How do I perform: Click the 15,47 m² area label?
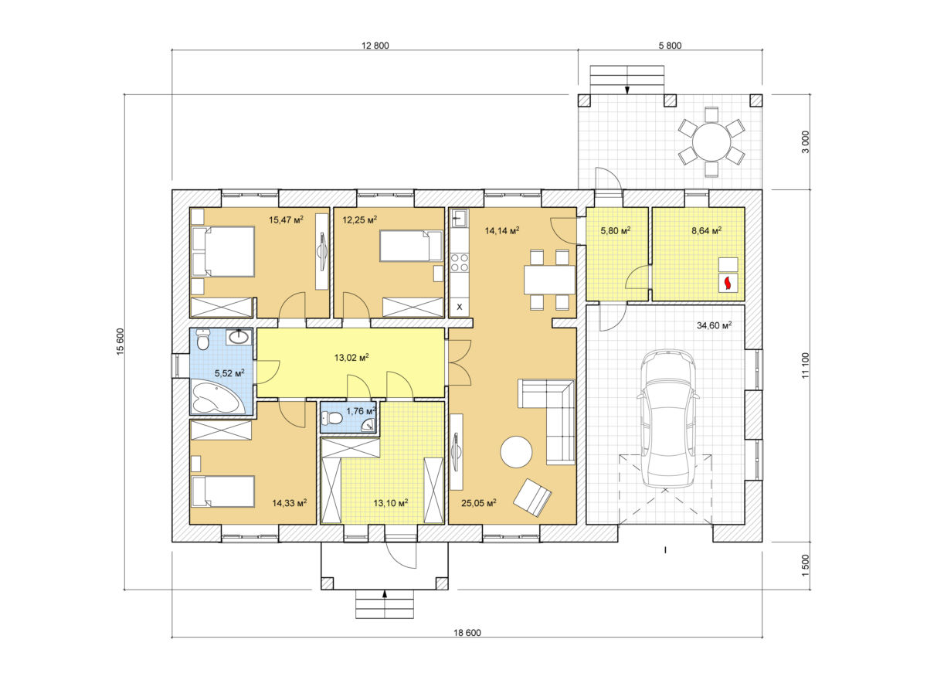tap(286, 219)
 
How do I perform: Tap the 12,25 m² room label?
tap(360, 219)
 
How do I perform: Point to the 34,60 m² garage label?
tap(714, 325)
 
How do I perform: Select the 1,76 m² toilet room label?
tap(361, 411)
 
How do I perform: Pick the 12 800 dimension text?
tap(375, 46)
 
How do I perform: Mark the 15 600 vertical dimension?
tap(120, 342)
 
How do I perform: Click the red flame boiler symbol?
tap(728, 283)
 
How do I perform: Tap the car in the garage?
tap(668, 419)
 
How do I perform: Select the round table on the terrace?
tap(711, 142)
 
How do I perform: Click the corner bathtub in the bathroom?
tap(217, 397)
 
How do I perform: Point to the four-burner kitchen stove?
tap(460, 263)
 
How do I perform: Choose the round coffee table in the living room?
tap(516, 452)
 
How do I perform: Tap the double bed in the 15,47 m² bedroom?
tap(223, 251)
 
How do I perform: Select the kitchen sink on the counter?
tap(460, 218)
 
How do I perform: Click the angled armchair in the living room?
tap(532, 498)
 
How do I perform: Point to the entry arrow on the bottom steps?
tap(385, 593)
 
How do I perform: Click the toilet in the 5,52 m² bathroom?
tap(202, 339)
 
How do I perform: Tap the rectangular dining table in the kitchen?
tap(549, 280)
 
